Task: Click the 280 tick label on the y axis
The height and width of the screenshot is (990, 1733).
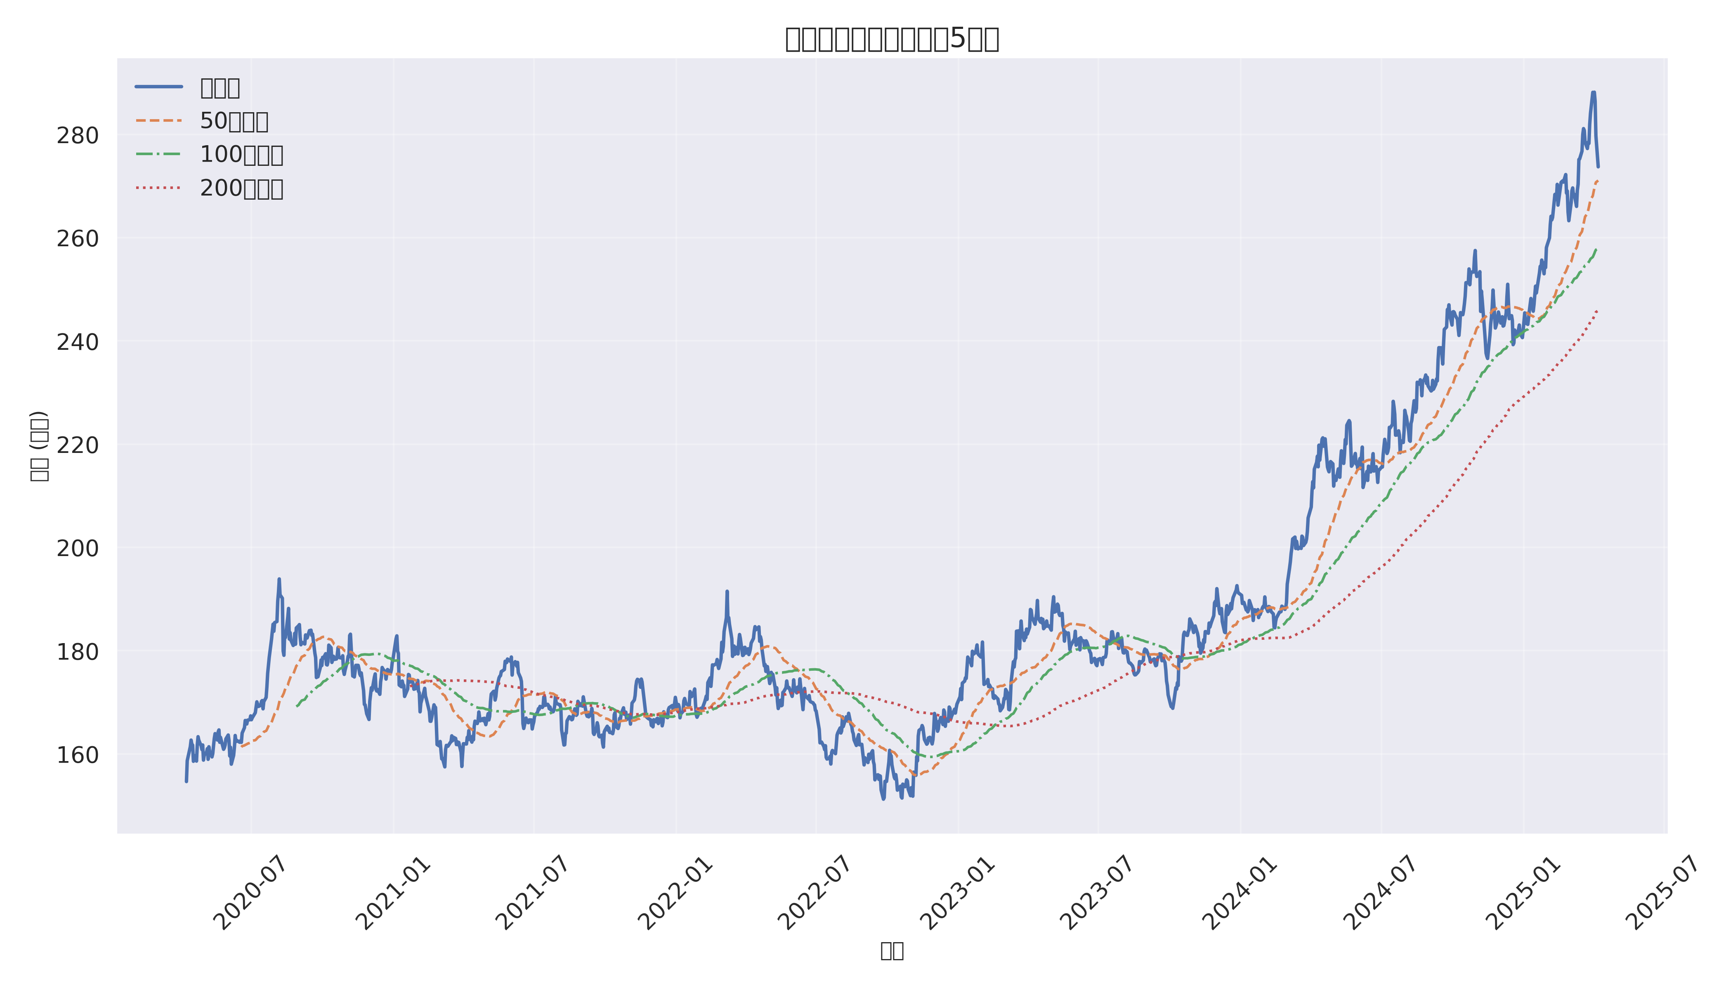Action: [x=77, y=136]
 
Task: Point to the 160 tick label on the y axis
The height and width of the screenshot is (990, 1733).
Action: [x=77, y=755]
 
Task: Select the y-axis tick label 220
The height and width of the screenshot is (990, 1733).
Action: [x=77, y=445]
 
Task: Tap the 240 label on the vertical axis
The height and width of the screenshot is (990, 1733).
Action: [x=77, y=342]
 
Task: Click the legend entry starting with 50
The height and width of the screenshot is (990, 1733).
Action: [x=233, y=121]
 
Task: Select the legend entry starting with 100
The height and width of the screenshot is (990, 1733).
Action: [x=241, y=155]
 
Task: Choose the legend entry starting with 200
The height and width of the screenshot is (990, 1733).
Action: [x=241, y=189]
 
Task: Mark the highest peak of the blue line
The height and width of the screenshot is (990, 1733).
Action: [x=1593, y=92]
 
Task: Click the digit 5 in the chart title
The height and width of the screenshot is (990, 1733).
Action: [x=957, y=40]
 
